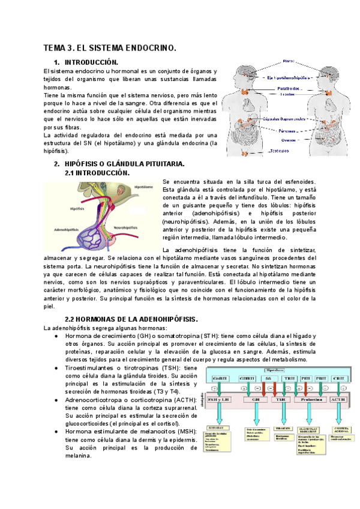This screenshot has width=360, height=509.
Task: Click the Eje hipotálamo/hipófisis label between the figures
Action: [x=292, y=77]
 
